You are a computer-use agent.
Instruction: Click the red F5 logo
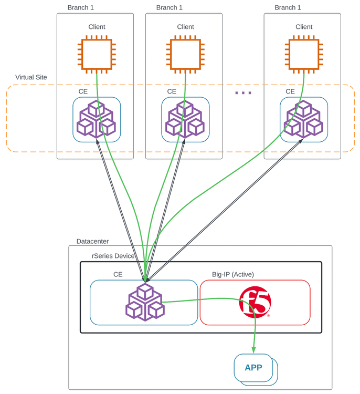(x=255, y=303)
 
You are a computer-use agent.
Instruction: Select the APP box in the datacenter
(x=253, y=367)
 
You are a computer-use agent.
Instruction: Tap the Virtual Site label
(x=31, y=77)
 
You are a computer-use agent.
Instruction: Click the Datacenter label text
(x=92, y=241)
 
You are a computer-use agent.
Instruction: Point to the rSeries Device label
(x=113, y=256)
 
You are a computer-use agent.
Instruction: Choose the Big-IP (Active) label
(x=233, y=274)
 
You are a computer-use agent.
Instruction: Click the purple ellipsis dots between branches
(x=243, y=93)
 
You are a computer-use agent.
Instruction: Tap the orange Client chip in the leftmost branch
(x=97, y=53)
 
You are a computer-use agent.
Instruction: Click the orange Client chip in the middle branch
(x=185, y=53)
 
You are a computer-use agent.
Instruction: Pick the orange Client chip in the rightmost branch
(x=304, y=53)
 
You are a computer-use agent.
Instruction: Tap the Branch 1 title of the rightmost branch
(x=288, y=7)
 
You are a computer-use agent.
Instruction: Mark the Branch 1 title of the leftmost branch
(x=81, y=7)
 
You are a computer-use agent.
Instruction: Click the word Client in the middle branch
(x=185, y=27)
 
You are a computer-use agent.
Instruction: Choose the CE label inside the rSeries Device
(x=118, y=274)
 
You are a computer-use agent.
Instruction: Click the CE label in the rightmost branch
(x=290, y=91)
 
